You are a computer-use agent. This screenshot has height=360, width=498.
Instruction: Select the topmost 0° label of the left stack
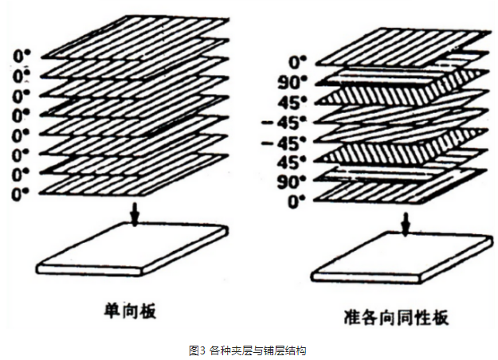pyautogui.click(x=24, y=56)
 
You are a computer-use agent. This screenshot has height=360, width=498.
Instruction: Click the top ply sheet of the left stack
pyautogui.click(x=135, y=36)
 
